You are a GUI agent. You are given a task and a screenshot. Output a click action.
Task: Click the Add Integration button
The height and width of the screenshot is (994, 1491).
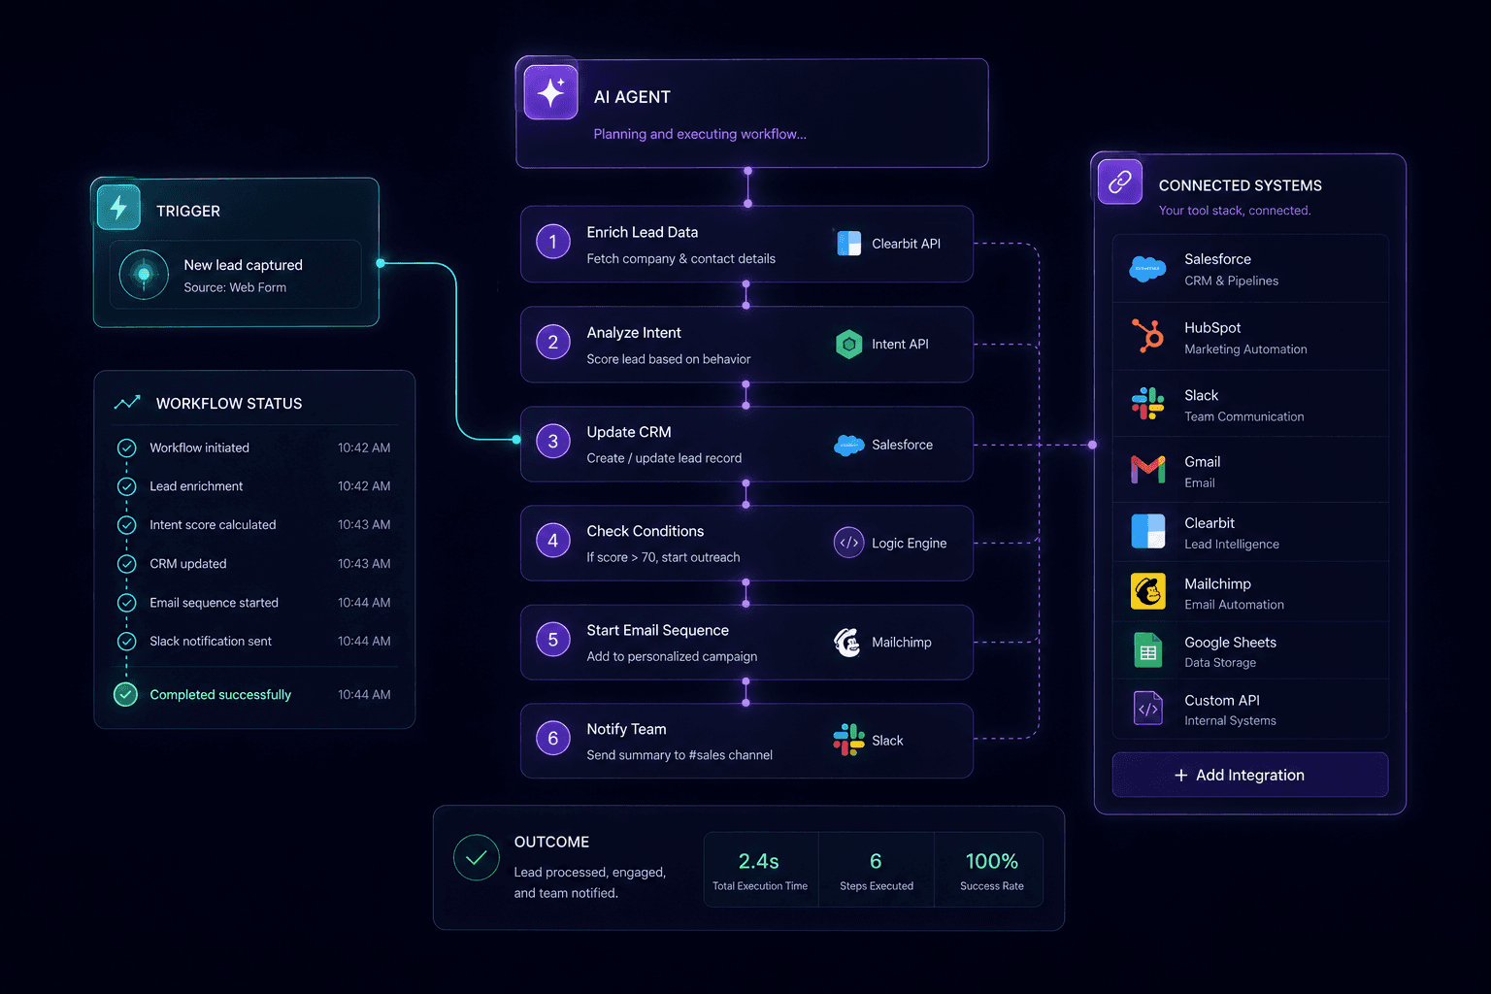click(1249, 775)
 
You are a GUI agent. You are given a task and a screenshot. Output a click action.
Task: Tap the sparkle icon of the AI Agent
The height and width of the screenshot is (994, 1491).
click(550, 92)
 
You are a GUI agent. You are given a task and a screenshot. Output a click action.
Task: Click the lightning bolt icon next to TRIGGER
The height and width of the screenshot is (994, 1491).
click(118, 208)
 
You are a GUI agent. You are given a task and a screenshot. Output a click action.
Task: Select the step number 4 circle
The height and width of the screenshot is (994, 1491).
click(552, 541)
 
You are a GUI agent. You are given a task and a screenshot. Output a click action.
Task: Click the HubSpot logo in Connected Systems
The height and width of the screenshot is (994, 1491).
click(1147, 335)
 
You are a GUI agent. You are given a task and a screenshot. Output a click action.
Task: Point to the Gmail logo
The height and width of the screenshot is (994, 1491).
click(1147, 470)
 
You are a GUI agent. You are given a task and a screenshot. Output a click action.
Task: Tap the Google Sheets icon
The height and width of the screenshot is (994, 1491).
click(1147, 650)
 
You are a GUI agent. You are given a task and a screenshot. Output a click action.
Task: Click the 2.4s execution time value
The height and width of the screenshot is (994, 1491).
click(758, 861)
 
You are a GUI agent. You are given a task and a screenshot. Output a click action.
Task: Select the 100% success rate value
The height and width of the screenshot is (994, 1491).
click(991, 861)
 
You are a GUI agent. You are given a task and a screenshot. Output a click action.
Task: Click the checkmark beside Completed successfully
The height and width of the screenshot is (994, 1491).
click(125, 694)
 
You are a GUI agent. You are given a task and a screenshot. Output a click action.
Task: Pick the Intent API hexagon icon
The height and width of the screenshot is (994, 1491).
click(848, 345)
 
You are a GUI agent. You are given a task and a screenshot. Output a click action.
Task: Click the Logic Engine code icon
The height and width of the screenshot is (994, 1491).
click(848, 543)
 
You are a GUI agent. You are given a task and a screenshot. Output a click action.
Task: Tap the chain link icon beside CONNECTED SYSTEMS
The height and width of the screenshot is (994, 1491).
click(1119, 182)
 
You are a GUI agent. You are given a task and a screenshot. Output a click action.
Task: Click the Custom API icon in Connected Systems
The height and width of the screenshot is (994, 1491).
click(1147, 709)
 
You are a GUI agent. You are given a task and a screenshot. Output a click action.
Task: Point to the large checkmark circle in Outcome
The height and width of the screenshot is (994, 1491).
click(476, 857)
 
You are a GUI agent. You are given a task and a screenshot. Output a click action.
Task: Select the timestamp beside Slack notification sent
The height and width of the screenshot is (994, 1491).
click(363, 641)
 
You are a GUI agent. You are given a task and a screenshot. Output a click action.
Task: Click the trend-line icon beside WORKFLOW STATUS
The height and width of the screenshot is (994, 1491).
click(127, 402)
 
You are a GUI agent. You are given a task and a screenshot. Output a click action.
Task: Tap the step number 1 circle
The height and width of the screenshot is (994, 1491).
click(552, 242)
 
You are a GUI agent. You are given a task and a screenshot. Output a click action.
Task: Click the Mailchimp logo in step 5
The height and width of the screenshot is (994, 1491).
click(847, 643)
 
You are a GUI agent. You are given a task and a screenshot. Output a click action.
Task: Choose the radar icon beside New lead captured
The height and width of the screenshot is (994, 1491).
click(144, 275)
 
